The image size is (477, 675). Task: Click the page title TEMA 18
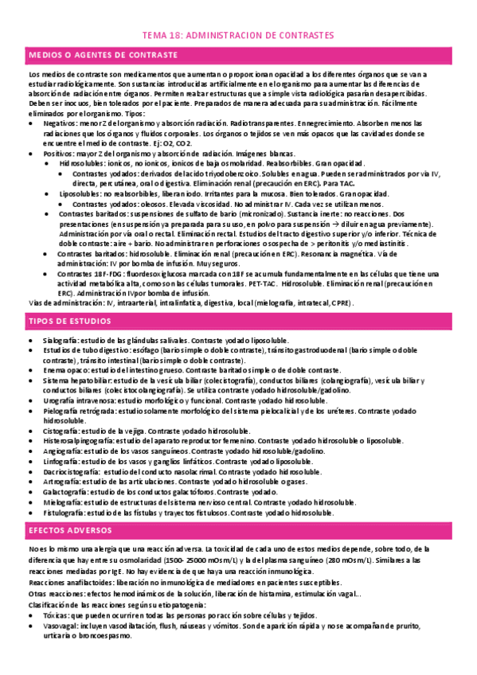coord(238,36)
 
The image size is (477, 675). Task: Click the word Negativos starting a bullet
coord(59,124)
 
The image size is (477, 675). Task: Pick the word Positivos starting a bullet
coord(58,152)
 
